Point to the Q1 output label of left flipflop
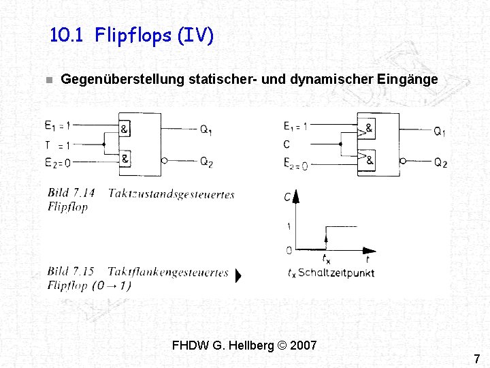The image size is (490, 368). click(x=206, y=130)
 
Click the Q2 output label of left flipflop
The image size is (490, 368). click(x=206, y=162)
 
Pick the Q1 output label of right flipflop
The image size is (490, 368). click(x=440, y=132)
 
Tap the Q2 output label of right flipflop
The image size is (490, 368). click(x=440, y=163)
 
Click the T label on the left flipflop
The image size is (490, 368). click(x=48, y=144)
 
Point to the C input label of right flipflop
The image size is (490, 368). click(x=287, y=144)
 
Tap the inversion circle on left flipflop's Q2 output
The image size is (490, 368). click(x=165, y=162)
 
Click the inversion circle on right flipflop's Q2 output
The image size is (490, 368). click(x=403, y=162)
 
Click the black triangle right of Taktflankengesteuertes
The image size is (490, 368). click(x=238, y=277)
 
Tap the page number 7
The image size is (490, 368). click(x=476, y=358)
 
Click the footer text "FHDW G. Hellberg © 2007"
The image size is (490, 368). click(x=244, y=346)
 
